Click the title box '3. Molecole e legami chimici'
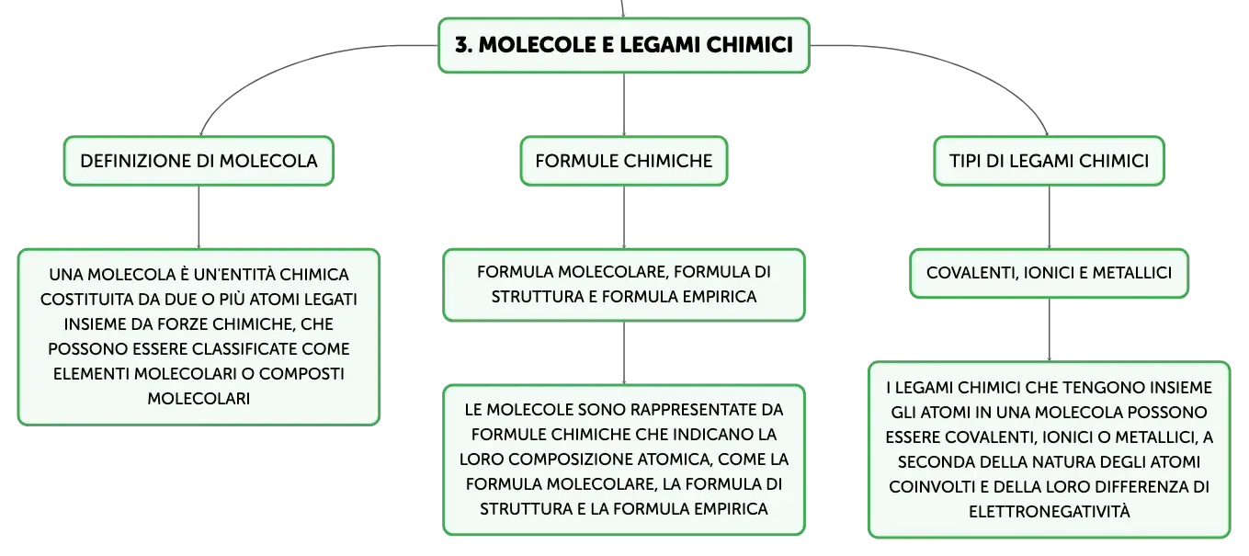[623, 45]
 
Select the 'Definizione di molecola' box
[199, 161]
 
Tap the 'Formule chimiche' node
[623, 161]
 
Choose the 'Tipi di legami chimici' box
[1049, 161]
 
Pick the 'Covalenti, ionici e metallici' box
[1049, 273]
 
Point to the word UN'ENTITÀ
[226, 275]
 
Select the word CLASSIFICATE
[242, 349]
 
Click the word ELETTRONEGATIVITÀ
[1049, 511]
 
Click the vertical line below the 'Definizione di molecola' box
[199, 217]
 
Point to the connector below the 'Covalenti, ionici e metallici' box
[1049, 330]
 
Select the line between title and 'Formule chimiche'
[623, 104]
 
